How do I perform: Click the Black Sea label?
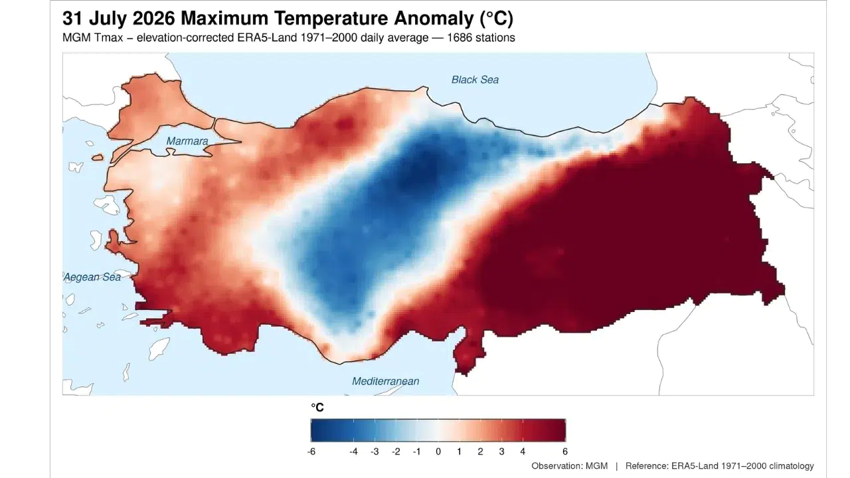click(475, 80)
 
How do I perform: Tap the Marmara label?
click(187, 141)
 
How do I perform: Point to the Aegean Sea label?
click(92, 278)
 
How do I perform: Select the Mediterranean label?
click(386, 381)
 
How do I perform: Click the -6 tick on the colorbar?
click(311, 452)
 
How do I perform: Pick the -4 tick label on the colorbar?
click(354, 452)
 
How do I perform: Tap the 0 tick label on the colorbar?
click(438, 452)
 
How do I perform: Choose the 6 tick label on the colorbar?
click(565, 452)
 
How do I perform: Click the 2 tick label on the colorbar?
click(480, 452)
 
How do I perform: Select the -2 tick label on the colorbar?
click(396, 452)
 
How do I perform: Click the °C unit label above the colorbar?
click(317, 408)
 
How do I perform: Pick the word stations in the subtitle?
click(494, 38)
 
